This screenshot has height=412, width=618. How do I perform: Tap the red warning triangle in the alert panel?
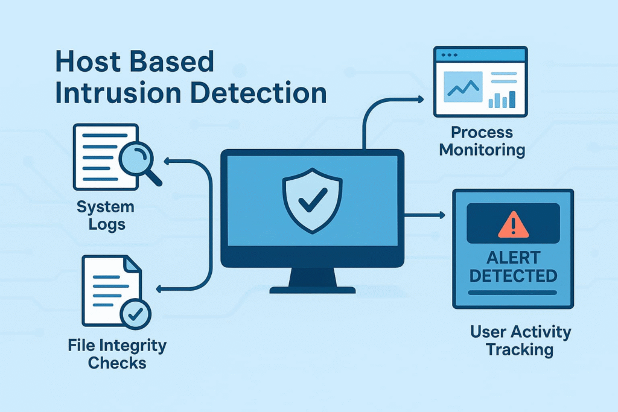(513, 224)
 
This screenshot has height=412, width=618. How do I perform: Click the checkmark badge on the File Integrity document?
(136, 314)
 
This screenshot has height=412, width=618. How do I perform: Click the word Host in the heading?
(86, 62)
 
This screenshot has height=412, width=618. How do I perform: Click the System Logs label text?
(106, 216)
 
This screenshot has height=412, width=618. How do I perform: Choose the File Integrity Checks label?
(117, 355)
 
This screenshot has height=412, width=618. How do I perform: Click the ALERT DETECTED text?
(513, 266)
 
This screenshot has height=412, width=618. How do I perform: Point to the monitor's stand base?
(312, 290)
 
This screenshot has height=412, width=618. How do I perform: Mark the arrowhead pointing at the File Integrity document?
(160, 290)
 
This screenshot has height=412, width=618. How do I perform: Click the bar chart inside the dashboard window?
(502, 99)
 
